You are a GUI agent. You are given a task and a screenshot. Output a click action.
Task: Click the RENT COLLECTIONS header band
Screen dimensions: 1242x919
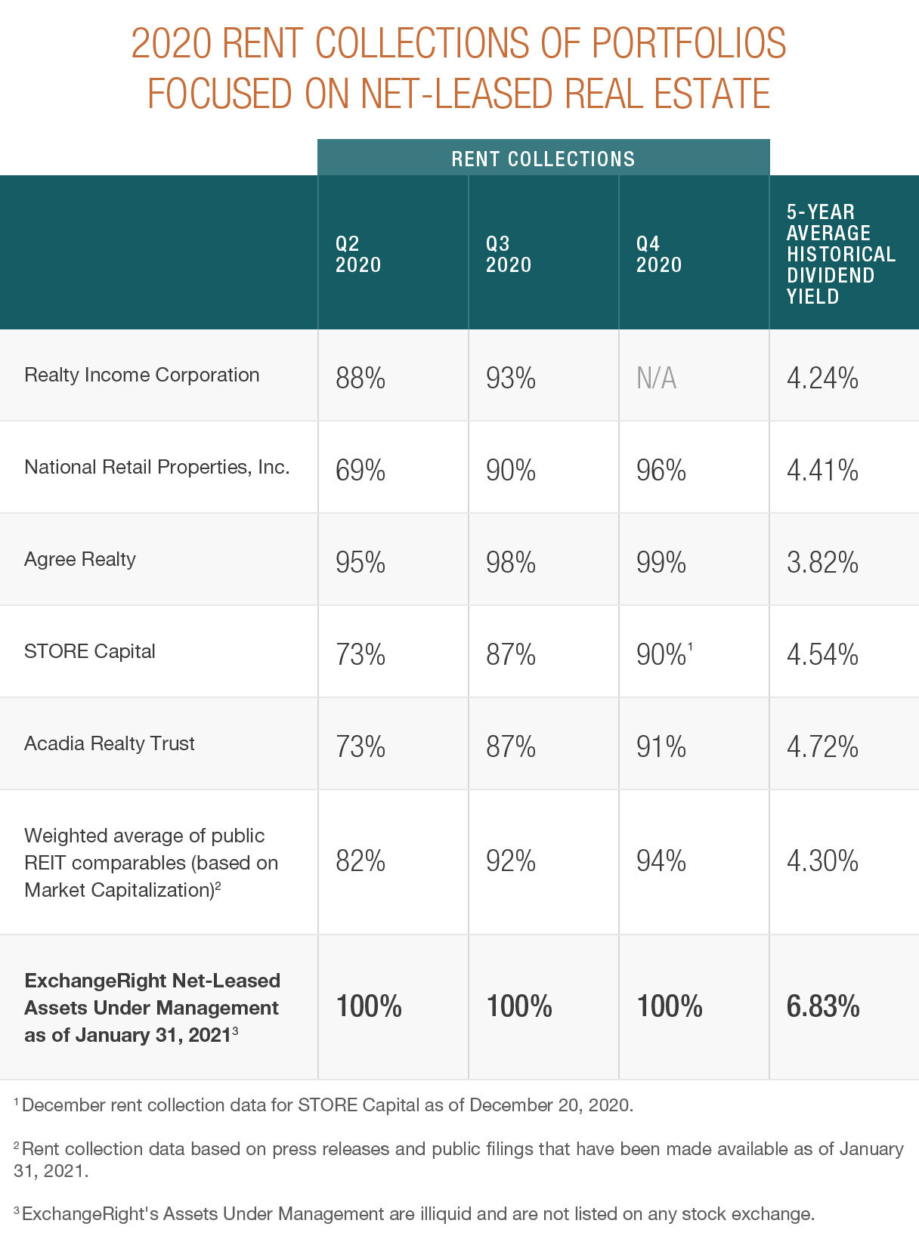point(543,159)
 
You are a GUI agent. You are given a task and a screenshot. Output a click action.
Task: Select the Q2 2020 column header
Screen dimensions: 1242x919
point(358,254)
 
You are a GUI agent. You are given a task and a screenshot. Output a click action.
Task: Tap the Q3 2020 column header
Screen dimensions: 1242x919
point(509,254)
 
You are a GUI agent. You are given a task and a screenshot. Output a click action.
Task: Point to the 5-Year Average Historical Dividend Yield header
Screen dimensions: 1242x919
point(840,254)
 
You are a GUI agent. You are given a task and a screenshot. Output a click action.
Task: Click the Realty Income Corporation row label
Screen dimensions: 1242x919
point(142,375)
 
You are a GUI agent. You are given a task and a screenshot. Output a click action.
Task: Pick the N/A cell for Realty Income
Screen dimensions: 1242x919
point(656,378)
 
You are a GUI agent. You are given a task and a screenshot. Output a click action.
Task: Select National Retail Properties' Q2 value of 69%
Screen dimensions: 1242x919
point(360,471)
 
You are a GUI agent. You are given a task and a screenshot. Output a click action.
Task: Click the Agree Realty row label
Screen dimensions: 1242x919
point(80,559)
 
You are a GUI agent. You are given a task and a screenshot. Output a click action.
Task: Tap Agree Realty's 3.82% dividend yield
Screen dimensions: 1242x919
point(822,563)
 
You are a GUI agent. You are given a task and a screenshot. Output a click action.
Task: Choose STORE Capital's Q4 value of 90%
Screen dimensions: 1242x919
point(662,654)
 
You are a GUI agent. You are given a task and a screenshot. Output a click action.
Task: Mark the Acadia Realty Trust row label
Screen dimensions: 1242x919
point(110,743)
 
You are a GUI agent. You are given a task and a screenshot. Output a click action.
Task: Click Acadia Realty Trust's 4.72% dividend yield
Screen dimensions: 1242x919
point(822,747)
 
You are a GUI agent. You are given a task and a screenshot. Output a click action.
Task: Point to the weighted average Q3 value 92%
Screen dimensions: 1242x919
point(511,861)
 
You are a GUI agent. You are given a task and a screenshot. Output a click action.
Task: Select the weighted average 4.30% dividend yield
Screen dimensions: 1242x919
point(822,861)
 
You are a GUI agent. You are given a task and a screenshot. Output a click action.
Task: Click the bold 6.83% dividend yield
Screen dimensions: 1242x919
point(823,1006)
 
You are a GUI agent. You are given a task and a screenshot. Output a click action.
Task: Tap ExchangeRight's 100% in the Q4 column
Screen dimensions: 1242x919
point(670,1006)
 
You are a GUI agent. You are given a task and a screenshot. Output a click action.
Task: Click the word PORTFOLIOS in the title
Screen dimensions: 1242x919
point(689,44)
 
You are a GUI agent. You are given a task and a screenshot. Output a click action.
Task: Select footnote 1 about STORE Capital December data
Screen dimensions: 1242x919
point(325,1105)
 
